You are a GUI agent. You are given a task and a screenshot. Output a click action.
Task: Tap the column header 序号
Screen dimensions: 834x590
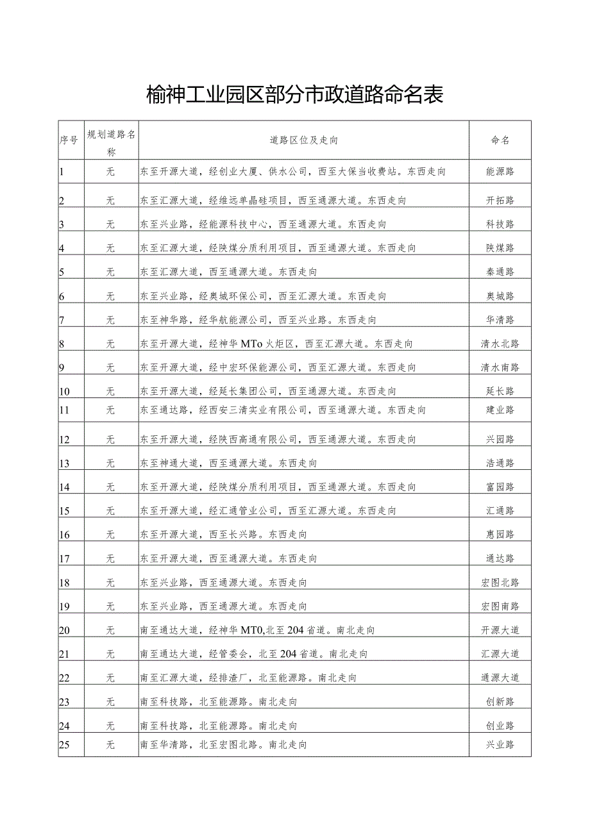[69, 140]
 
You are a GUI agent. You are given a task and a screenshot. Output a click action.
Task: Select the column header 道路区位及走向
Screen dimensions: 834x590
[304, 140]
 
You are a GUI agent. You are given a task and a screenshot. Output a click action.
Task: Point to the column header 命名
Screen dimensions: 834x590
[500, 140]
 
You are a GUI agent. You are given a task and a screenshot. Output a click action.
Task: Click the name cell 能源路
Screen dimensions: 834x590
[500, 172]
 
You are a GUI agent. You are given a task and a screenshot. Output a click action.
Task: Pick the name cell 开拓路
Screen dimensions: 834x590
[500, 201]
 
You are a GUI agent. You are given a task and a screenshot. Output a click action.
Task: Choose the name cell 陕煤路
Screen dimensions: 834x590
[500, 248]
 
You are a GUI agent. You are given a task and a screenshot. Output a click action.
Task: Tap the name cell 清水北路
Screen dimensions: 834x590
[500, 344]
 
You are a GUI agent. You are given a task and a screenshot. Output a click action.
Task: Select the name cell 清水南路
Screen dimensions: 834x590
[500, 368]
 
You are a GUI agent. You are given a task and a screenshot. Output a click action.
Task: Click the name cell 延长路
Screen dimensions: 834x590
[500, 392]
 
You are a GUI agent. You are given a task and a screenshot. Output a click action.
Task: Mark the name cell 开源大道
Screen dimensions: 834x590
[500, 630]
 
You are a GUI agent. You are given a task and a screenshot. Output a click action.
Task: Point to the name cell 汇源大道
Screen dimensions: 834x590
[500, 655]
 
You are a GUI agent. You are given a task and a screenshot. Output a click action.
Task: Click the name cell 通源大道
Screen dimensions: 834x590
[500, 678]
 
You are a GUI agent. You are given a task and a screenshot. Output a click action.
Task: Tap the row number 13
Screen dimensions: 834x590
[64, 463]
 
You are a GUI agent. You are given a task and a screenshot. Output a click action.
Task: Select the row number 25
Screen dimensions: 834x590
[64, 745]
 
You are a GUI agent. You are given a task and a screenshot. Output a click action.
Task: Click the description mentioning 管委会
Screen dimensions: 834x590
[255, 655]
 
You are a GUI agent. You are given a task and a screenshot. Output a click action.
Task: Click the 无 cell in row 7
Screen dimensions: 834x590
[110, 320]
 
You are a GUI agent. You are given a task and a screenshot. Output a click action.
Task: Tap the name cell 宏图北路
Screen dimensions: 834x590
[500, 583]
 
